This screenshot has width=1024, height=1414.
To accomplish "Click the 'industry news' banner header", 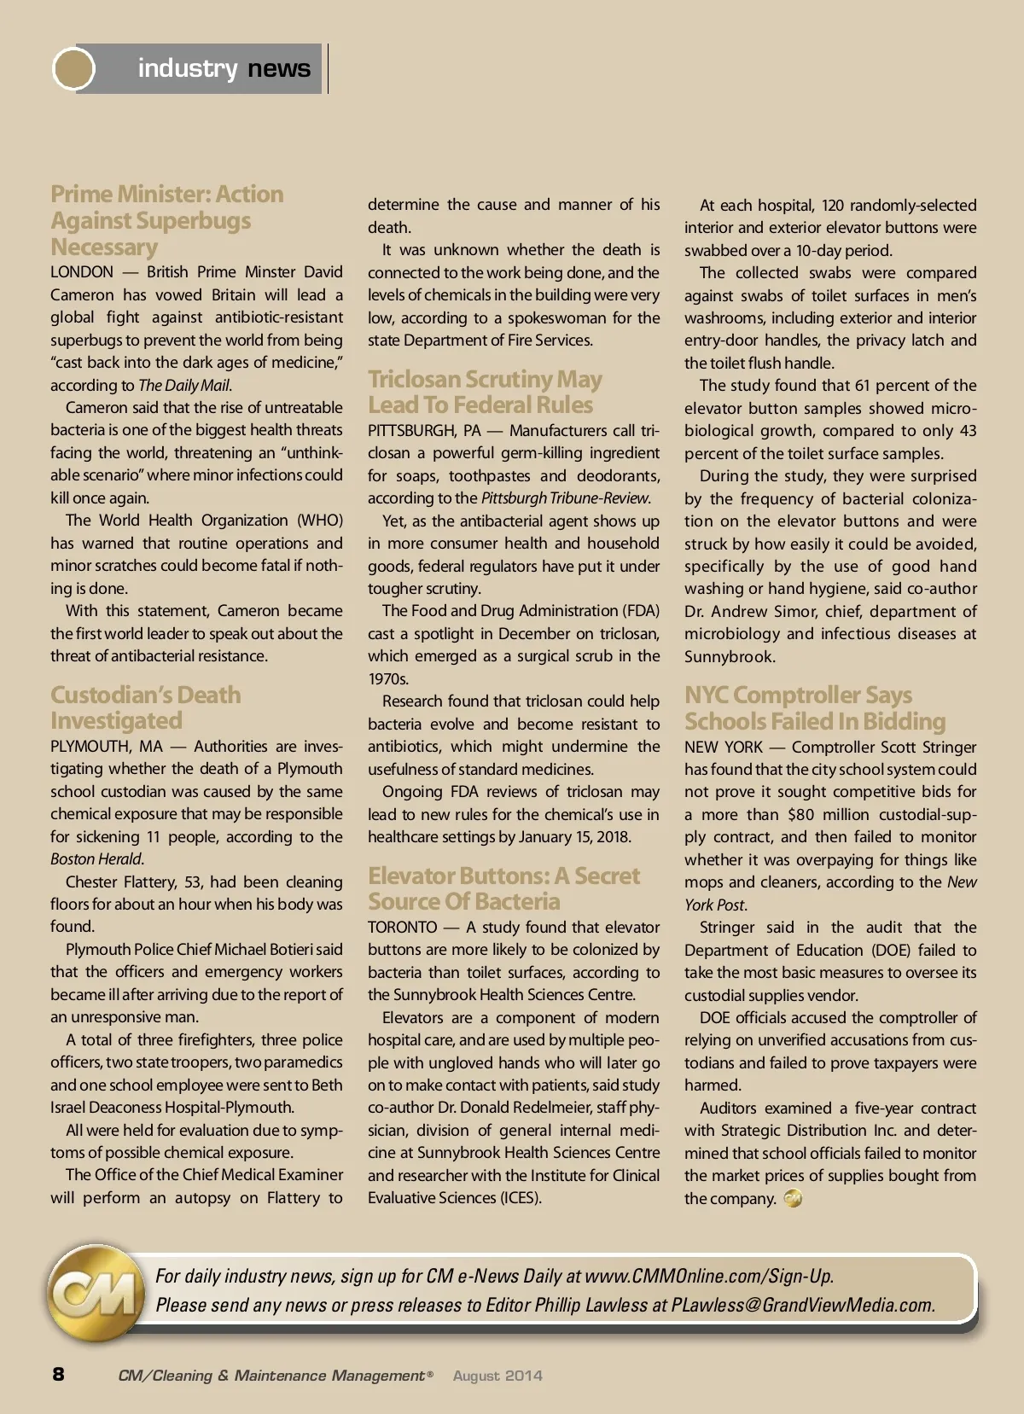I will (224, 68).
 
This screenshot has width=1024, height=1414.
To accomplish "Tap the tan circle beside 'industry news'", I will (73, 68).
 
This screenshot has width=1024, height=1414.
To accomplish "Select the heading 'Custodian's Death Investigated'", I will (145, 707).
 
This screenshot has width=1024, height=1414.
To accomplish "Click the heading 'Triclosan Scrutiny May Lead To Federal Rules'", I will (485, 392).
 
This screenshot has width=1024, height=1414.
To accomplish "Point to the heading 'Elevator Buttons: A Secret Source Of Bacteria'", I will (503, 888).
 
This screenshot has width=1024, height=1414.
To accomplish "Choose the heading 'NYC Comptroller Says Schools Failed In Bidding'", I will (814, 708).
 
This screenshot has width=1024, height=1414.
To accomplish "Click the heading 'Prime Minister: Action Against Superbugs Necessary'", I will (166, 220).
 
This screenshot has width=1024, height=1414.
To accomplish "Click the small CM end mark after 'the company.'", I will (793, 1198).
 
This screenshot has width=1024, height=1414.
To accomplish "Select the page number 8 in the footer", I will (58, 1374).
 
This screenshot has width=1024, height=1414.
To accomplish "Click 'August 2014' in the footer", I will (497, 1376).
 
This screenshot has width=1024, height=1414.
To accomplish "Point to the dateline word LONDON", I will (82, 272).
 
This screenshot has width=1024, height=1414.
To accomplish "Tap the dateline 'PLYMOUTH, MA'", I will (106, 747).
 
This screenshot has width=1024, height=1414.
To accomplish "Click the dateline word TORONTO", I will (402, 928).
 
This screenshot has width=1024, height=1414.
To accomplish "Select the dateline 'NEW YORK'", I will (723, 748).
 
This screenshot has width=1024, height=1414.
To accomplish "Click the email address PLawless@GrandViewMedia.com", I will (802, 1305).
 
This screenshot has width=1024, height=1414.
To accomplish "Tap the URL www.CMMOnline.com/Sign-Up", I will (708, 1276).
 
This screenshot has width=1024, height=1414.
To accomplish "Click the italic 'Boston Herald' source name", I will (96, 859).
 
